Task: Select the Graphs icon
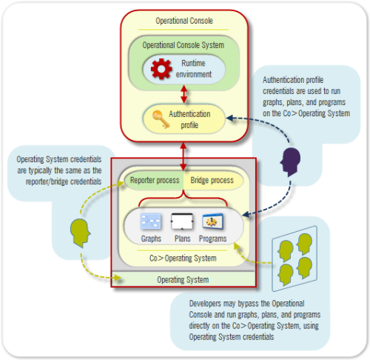(152, 221)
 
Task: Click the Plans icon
(181, 221)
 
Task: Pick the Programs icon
(214, 221)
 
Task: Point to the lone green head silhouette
(81, 231)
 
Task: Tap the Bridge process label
(212, 180)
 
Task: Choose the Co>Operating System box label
(182, 259)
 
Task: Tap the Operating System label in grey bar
(182, 279)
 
